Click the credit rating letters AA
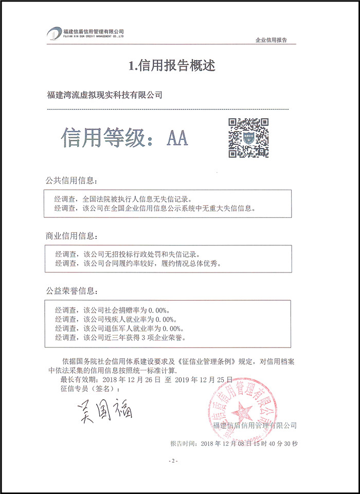point(177,138)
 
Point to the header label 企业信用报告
point(271,40)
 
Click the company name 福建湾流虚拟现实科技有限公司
point(104,95)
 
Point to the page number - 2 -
point(173,461)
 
